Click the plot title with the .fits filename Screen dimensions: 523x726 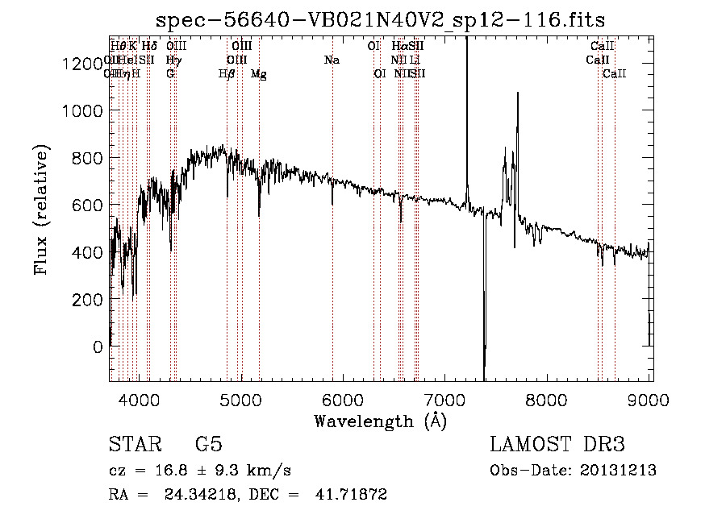click(x=381, y=19)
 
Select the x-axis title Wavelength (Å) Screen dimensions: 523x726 click(x=380, y=421)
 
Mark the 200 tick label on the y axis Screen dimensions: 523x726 click(x=86, y=300)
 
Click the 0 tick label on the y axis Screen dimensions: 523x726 click(x=97, y=347)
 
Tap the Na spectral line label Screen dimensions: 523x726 click(x=332, y=60)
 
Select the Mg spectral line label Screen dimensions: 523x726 click(x=259, y=74)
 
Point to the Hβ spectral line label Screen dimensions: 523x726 click(x=227, y=74)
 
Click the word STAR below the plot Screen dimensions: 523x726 click(x=131, y=445)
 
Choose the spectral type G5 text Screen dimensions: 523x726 click(x=209, y=445)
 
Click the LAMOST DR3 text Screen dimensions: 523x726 click(x=557, y=445)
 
